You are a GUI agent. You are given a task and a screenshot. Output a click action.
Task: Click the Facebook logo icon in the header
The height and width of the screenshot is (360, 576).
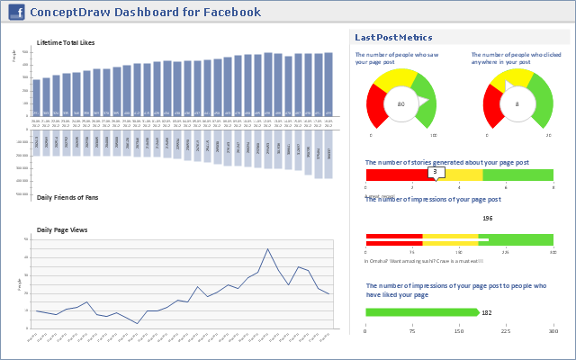[16, 13]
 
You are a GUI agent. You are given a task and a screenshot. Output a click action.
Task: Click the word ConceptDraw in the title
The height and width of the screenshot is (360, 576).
[64, 13]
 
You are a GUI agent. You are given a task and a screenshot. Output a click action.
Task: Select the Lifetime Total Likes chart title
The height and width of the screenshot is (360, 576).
[66, 42]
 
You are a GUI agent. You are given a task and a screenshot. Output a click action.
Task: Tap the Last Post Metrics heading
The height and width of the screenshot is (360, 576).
[393, 38]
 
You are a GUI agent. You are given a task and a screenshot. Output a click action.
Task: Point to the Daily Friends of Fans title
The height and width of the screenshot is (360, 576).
[68, 196]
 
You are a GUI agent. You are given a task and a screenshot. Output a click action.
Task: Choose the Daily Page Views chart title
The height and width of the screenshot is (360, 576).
[62, 230]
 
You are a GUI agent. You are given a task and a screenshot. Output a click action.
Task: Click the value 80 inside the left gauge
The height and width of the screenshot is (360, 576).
[400, 104]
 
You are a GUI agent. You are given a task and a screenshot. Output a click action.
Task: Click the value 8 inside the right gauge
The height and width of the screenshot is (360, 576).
[517, 104]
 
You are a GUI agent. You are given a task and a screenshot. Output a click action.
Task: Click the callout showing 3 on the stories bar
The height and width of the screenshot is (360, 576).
[435, 172]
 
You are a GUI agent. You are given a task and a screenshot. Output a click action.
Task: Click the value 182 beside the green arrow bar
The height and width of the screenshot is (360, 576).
[487, 313]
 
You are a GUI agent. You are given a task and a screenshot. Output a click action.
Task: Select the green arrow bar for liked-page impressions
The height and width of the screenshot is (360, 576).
[421, 312]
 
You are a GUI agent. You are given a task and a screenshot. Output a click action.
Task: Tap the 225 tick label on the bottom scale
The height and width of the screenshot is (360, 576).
[506, 331]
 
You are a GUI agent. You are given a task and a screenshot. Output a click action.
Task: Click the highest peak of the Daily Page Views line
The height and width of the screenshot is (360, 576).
[267, 249]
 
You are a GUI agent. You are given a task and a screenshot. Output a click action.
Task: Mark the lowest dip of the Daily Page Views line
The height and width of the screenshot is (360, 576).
[138, 323]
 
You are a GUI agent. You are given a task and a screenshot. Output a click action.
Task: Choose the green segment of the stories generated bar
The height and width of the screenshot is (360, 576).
[517, 175]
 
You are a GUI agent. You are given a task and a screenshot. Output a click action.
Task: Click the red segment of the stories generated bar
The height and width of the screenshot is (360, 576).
[396, 175]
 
